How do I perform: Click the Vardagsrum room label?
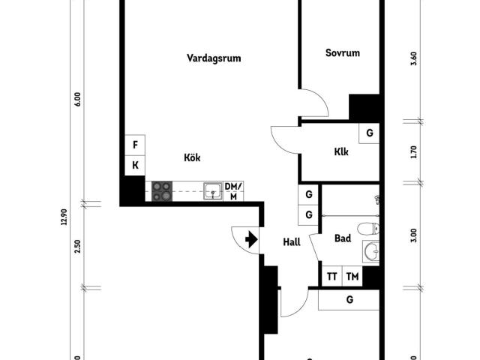(214, 58)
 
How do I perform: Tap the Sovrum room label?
(343, 53)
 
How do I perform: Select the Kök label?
(193, 157)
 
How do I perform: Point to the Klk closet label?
(342, 151)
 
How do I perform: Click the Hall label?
(292, 241)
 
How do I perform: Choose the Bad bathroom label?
(343, 238)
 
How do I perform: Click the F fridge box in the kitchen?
(135, 145)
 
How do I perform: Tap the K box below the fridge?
(135, 165)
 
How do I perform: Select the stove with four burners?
(162, 192)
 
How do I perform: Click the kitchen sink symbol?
(214, 191)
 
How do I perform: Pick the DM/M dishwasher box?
(233, 191)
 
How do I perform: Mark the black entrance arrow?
(250, 239)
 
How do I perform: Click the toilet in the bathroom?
(366, 229)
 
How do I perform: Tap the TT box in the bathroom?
(331, 277)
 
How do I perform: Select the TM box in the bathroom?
(352, 277)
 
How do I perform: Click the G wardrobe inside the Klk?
(369, 133)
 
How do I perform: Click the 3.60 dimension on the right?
(413, 59)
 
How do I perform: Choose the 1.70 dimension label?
(413, 152)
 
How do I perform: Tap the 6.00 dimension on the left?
(77, 100)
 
